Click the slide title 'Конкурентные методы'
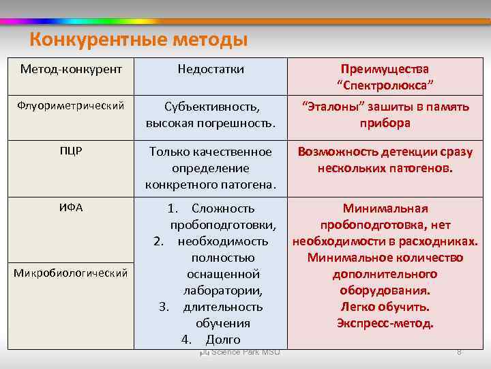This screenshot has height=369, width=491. click(x=138, y=40)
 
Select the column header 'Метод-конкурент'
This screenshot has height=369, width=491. click(x=72, y=69)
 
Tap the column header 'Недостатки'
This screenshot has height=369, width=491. click(x=211, y=69)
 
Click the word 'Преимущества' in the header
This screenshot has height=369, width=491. click(x=385, y=69)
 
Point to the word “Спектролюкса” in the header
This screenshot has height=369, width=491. click(x=385, y=85)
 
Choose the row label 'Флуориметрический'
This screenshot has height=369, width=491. click(x=71, y=106)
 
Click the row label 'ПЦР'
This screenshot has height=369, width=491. click(x=71, y=151)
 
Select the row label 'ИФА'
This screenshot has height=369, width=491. click(x=71, y=208)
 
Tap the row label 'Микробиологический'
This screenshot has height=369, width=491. click(x=71, y=273)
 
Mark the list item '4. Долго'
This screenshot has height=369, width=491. click(x=211, y=340)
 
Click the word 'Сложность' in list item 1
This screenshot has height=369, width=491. click(x=223, y=208)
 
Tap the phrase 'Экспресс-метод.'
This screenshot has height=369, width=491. click(x=385, y=323)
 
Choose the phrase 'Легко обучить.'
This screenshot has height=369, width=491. click(x=385, y=307)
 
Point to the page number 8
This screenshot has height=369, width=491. click(x=459, y=352)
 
